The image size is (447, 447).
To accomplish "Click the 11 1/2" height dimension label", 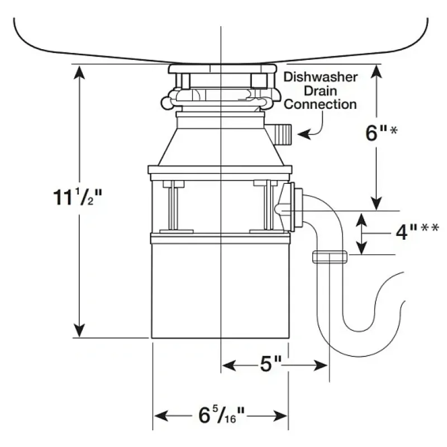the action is [77, 197].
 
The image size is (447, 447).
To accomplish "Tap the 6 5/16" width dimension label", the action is [221, 415].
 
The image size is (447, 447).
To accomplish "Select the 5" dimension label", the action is [271, 364].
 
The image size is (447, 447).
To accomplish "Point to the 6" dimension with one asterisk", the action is [381, 132].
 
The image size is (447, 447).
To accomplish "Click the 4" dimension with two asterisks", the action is [417, 231].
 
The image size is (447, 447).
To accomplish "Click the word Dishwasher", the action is [320, 77].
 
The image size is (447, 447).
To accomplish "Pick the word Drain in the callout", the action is [320, 91].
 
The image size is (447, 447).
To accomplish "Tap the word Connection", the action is [320, 104].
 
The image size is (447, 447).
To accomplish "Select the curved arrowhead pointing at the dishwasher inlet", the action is [304, 134].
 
